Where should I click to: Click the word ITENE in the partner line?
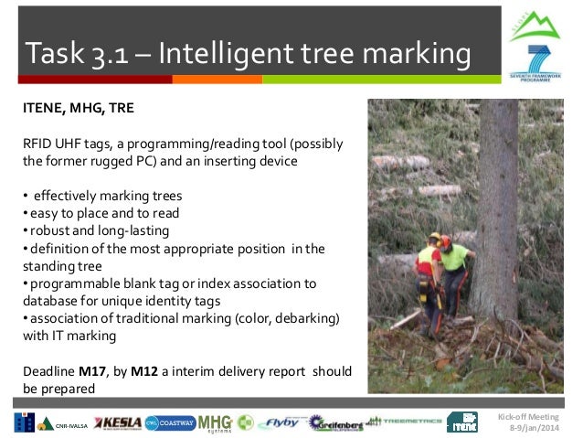pyautogui.click(x=42, y=109)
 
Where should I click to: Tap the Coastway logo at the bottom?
pyautogui.click(x=169, y=422)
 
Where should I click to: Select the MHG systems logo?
pyautogui.click(x=214, y=422)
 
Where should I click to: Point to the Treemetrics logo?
pyautogui.click(x=400, y=422)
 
